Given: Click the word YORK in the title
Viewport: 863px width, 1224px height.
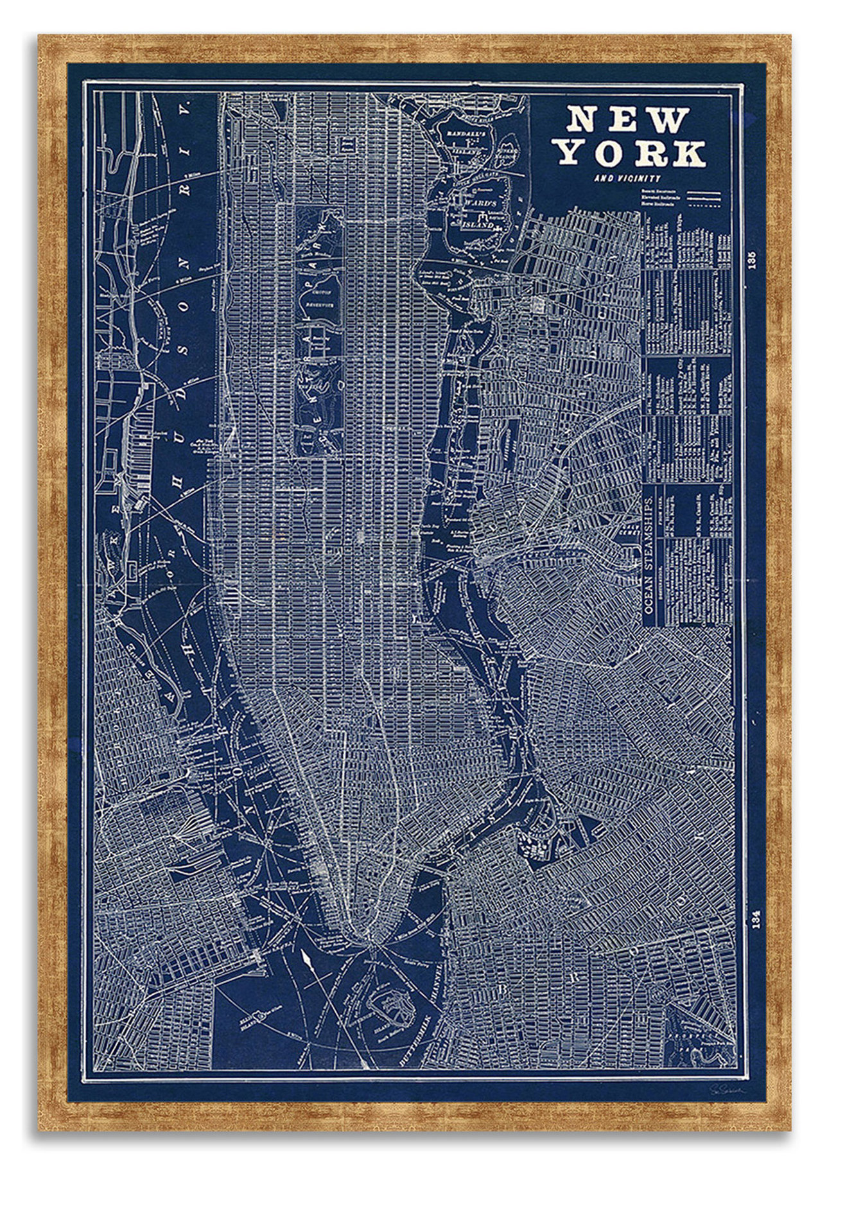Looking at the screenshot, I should click(x=632, y=153).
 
